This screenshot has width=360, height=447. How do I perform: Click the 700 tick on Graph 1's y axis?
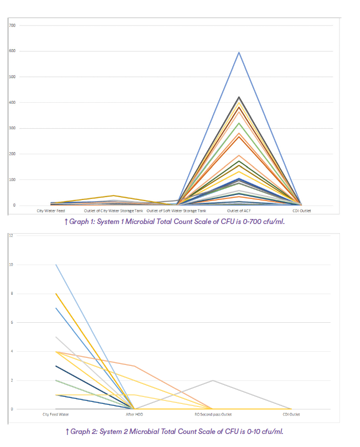(12, 25)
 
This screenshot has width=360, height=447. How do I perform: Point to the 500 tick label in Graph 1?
(12, 77)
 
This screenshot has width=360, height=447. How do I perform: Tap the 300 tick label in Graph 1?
(12, 128)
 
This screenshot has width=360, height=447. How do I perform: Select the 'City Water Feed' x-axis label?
(51, 211)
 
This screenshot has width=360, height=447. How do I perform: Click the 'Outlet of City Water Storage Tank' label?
(113, 211)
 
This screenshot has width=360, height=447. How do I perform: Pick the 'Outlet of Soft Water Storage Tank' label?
(176, 211)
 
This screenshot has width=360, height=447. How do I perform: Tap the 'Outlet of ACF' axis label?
(239, 211)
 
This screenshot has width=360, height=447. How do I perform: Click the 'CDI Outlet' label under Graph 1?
(301, 211)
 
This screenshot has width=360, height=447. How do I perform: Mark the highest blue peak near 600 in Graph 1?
(239, 52)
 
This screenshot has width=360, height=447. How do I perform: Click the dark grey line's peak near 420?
(239, 97)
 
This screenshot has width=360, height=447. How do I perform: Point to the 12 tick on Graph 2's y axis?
(11, 236)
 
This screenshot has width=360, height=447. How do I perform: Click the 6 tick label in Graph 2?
(11, 322)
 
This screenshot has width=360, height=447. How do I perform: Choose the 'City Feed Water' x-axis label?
(56, 415)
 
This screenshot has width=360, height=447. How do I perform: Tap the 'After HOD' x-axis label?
(134, 415)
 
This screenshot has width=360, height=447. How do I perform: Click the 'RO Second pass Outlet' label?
(213, 415)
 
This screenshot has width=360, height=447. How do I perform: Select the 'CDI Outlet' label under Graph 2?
(291, 415)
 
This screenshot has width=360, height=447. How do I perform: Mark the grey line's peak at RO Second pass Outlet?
(213, 380)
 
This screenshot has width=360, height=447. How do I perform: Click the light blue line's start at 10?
(56, 265)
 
